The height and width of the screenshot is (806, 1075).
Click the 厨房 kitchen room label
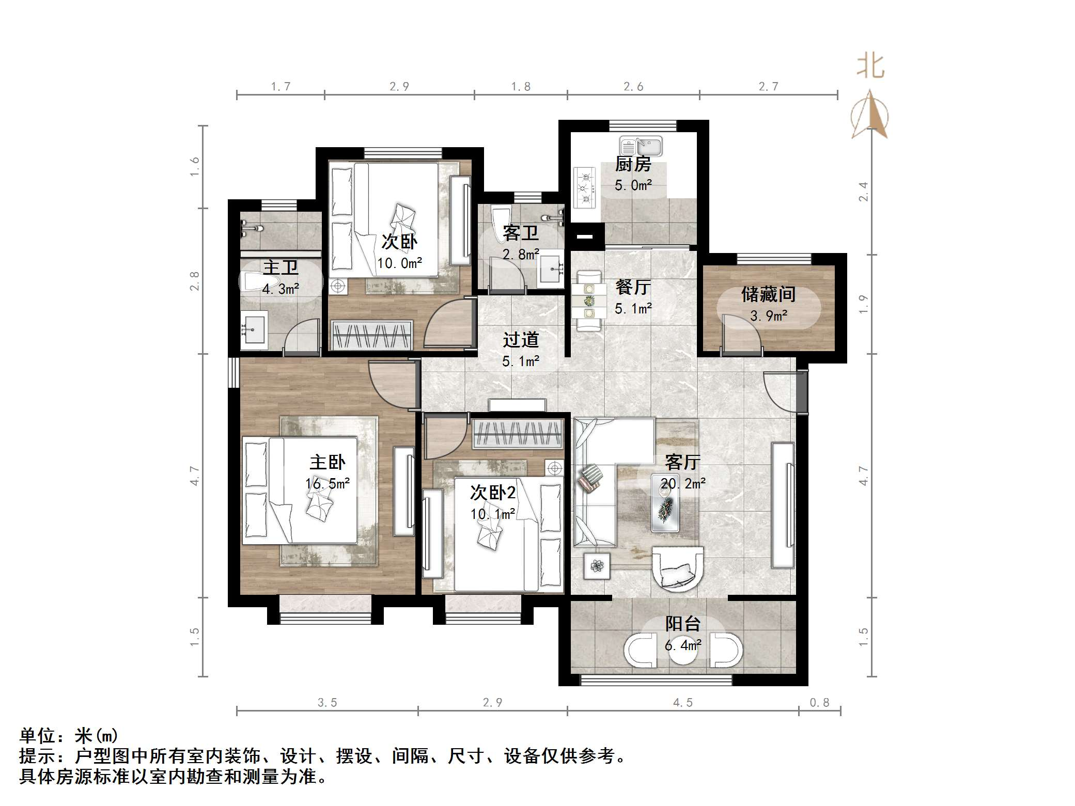[x=633, y=164]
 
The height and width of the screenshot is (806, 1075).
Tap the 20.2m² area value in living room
[x=682, y=484]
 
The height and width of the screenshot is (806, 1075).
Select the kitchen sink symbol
[x=641, y=146]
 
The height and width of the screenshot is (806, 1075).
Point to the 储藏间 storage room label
[x=768, y=294]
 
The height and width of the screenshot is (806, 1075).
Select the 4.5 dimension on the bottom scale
[x=682, y=703]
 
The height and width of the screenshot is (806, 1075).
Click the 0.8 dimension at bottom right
[x=819, y=703]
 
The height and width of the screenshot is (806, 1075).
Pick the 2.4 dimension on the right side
[x=863, y=191]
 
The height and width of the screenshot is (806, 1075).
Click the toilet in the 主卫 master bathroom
[x=255, y=282]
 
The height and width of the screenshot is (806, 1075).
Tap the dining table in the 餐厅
[x=589, y=301]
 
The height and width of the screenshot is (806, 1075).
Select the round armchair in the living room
[x=677, y=568]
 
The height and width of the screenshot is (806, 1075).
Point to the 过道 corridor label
[x=521, y=340]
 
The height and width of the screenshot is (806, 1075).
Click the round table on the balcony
[x=683, y=650]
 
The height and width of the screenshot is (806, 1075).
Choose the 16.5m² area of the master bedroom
[x=328, y=484]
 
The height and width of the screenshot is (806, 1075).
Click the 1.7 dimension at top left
[x=281, y=87]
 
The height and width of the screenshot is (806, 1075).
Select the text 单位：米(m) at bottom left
[x=69, y=735]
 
